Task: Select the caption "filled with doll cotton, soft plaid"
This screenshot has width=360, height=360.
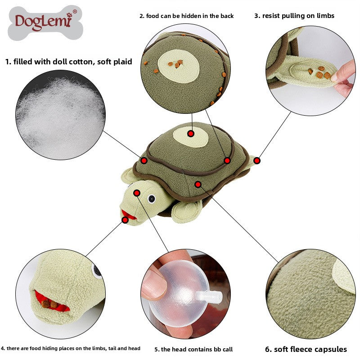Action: click(x=68, y=62)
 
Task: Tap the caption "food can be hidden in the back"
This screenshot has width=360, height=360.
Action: click(x=186, y=16)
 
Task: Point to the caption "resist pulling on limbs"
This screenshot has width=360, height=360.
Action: click(x=294, y=16)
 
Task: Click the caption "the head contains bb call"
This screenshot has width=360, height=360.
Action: click(x=193, y=349)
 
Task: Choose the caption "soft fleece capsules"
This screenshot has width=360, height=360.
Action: click(x=306, y=349)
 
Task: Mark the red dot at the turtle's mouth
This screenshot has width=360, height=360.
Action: click(x=125, y=220)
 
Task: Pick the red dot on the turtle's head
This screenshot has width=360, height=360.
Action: click(x=137, y=193)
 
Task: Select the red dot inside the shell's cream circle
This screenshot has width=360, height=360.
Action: click(x=191, y=134)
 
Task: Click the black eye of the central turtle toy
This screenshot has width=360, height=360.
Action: click(x=152, y=197)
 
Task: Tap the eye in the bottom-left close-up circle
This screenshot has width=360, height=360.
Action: click(x=97, y=270)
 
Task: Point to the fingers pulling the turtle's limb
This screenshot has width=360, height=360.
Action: click(x=344, y=79)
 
